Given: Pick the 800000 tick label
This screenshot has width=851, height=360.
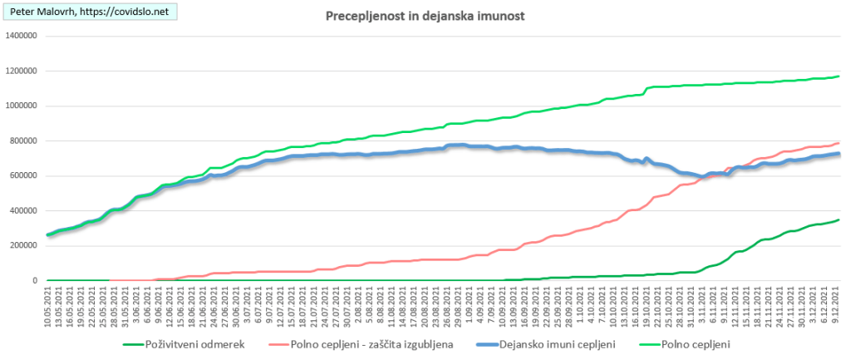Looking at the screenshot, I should (25, 141).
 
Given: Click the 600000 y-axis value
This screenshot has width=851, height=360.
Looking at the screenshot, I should (25, 175).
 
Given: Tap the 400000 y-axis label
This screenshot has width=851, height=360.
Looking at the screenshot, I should (25, 210).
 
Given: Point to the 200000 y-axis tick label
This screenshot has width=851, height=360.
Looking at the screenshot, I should (25, 245).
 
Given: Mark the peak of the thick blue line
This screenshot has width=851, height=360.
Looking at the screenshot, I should (460, 145).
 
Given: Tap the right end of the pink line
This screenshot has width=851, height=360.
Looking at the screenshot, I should (839, 142).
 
